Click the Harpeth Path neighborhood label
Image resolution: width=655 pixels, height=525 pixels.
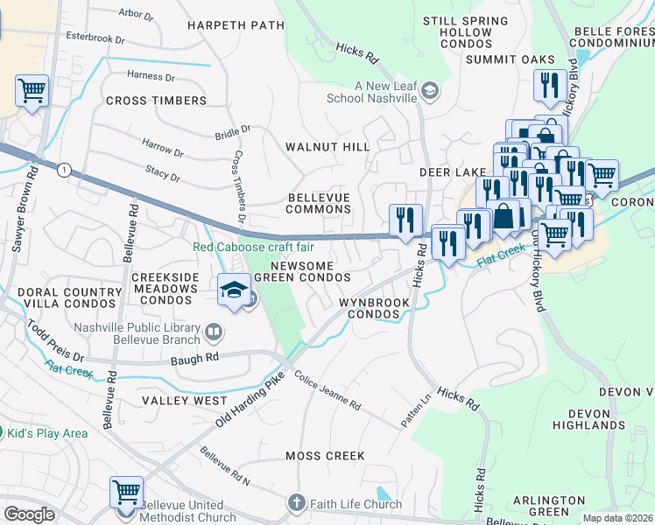click(235, 25)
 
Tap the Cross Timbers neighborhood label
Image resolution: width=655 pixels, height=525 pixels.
click(156, 101)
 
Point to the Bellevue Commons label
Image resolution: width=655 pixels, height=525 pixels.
click(320, 203)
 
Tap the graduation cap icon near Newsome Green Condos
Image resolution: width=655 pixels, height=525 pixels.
click(234, 290)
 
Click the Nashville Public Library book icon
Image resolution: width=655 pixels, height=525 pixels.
click(213, 332)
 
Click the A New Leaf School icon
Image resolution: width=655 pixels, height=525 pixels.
click(430, 90)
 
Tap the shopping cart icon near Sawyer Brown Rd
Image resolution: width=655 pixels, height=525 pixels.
click(32, 90)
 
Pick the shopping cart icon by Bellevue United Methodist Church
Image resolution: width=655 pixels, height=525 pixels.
click(126, 492)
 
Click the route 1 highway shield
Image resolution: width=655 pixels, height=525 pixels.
click(64, 170)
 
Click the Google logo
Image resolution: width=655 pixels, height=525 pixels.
click(29, 514)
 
